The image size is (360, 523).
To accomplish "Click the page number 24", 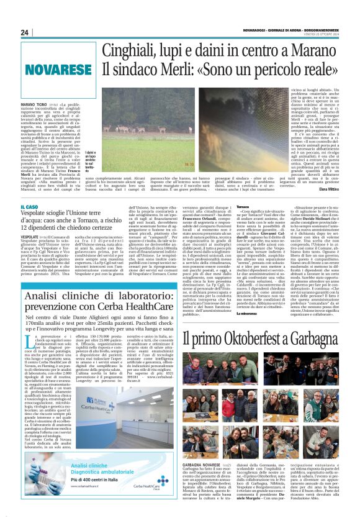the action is click(x=24, y=32).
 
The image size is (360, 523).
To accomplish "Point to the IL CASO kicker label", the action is click(x=29, y=206).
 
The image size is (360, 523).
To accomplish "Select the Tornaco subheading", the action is click(x=243, y=206).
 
